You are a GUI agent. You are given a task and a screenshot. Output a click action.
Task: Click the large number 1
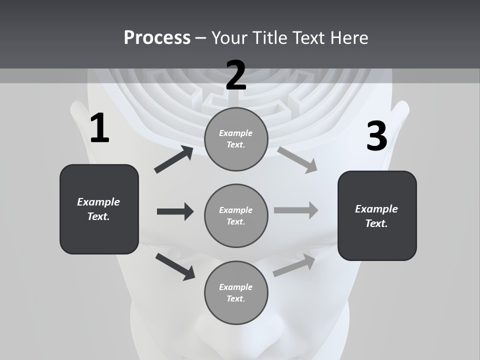[x=99, y=128]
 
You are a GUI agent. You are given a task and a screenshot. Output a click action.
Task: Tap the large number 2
[x=236, y=75]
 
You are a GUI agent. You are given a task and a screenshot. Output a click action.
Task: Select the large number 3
[x=376, y=136]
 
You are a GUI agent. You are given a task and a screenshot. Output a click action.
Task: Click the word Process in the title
[x=157, y=37]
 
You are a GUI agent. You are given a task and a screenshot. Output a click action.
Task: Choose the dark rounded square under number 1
[x=99, y=209]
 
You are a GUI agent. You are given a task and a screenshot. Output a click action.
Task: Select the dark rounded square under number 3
[x=377, y=215]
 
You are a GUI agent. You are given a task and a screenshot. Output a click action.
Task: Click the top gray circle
[x=236, y=139]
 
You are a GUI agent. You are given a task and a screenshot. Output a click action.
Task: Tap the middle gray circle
[x=236, y=215]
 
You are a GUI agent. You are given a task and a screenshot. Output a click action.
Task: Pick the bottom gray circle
[x=236, y=292]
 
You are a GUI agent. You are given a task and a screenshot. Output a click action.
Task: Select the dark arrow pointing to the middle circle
[x=175, y=211]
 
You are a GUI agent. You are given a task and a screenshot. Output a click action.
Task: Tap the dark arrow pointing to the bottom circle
[x=175, y=266]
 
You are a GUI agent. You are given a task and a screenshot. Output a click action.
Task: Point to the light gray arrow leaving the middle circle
[x=296, y=210]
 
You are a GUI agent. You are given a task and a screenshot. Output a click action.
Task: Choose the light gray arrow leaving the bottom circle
[x=294, y=265]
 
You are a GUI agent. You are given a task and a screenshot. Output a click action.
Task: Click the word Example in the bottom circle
[x=235, y=287]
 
